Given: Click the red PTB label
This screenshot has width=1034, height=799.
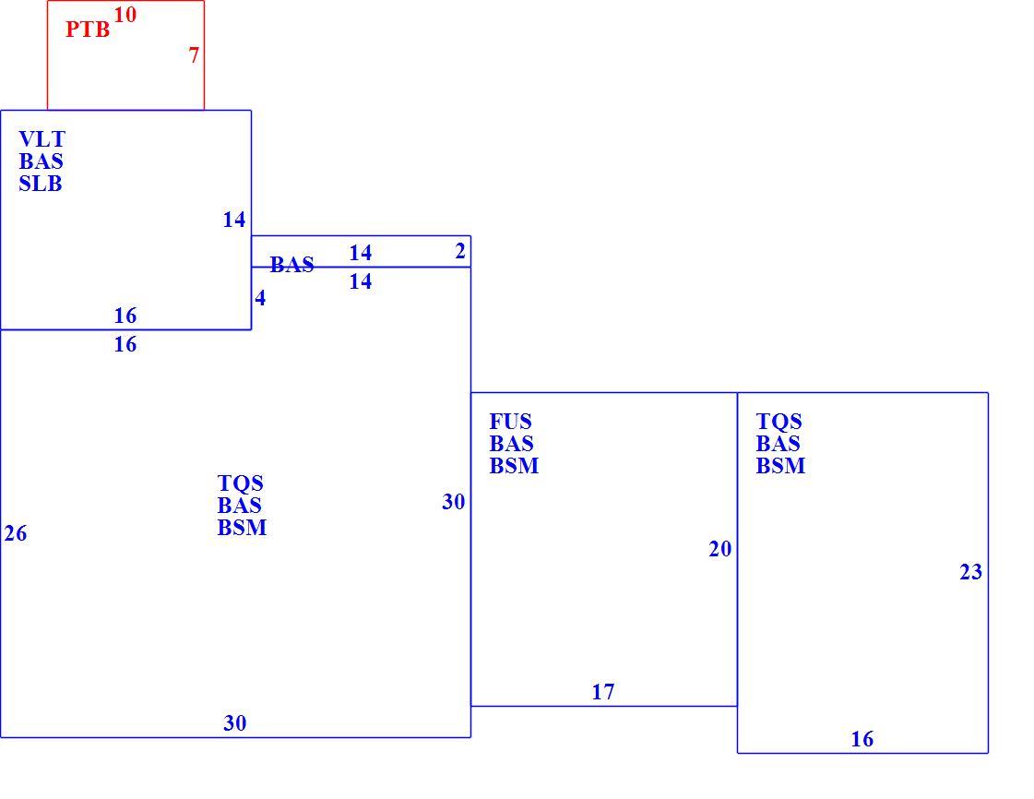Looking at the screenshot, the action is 88,30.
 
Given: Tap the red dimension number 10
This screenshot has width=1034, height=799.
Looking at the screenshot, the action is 125,15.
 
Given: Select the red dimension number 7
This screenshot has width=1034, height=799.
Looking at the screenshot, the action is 194,55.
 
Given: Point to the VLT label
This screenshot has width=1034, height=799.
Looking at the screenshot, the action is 42,139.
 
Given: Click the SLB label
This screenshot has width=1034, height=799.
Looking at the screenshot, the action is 41,184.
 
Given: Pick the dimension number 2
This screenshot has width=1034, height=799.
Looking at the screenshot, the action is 460,251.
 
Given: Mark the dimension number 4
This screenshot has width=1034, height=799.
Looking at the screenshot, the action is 260,298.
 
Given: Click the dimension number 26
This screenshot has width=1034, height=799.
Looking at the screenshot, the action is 16,533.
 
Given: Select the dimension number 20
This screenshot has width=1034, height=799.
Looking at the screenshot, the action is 720,549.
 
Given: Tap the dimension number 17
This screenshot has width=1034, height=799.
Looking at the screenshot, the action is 603,691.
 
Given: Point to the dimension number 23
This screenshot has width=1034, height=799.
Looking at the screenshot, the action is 970,572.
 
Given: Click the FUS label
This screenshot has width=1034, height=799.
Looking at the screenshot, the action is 510,422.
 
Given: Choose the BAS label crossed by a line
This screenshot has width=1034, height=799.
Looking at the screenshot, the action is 292,265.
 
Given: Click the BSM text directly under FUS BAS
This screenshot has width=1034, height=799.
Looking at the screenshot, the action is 515,466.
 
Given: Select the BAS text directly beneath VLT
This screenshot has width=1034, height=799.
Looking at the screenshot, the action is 41,161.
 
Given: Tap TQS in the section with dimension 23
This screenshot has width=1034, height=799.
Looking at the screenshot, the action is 778,422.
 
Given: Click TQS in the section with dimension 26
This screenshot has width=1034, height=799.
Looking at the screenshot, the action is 240,483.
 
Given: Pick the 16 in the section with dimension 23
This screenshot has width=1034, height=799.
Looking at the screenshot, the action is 862,739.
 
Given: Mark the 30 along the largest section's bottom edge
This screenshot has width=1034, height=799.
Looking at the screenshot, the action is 235,723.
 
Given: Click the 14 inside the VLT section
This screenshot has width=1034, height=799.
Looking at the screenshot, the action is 234,219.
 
